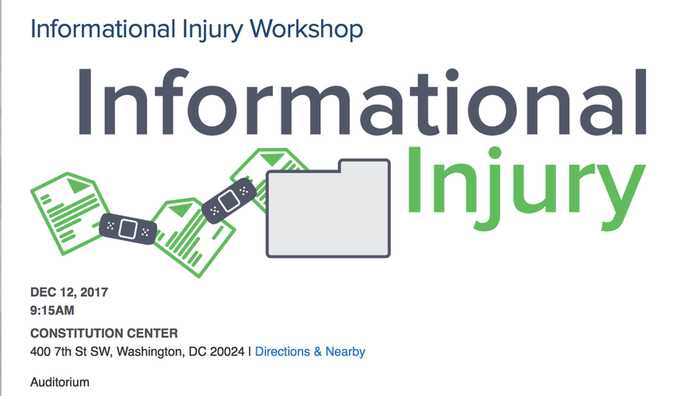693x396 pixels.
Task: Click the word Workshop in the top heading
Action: (x=306, y=29)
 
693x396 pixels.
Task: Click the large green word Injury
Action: (x=526, y=188)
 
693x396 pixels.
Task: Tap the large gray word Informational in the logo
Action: (x=362, y=101)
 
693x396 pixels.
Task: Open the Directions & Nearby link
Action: (x=310, y=352)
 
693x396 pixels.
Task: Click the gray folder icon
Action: (x=328, y=208)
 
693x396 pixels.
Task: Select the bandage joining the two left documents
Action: (x=128, y=228)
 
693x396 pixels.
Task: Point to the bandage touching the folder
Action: (x=229, y=201)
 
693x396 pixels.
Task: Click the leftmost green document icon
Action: (x=71, y=213)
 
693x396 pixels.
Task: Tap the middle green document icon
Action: (x=193, y=237)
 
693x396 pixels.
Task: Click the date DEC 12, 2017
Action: (x=69, y=292)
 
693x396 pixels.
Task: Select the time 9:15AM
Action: (x=52, y=310)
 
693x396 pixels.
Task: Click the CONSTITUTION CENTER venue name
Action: (x=104, y=333)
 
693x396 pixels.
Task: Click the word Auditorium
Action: (x=59, y=382)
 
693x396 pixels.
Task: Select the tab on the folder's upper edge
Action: (x=364, y=165)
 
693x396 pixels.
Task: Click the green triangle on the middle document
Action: (x=182, y=209)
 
